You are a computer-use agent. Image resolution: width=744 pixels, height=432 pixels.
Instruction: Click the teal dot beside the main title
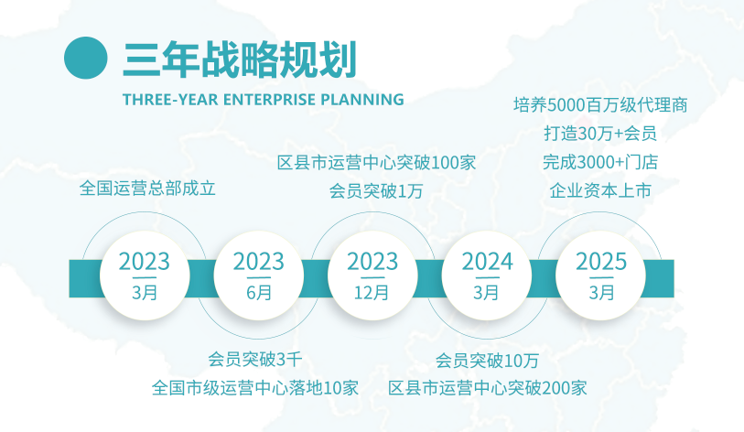[86, 58]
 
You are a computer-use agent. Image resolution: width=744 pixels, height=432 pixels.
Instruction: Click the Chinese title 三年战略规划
[240, 59]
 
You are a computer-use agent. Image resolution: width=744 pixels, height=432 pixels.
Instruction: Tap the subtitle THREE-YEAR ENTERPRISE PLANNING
[264, 100]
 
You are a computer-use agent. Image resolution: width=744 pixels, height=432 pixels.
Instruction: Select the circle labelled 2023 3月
[145, 275]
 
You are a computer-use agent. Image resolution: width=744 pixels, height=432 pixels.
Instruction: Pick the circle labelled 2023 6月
[259, 275]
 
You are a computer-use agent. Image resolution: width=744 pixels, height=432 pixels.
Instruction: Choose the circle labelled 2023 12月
[372, 275]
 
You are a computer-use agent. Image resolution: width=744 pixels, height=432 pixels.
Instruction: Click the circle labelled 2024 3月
[487, 275]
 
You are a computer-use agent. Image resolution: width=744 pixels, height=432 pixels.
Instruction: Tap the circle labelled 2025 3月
[600, 275]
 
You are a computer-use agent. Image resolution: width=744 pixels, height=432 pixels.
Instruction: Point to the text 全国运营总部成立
[147, 189]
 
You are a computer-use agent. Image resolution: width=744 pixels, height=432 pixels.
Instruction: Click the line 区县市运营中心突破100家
[377, 163]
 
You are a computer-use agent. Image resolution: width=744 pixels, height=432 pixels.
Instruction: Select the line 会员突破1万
[376, 191]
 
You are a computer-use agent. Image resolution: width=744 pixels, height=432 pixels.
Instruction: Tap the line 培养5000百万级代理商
[600, 105]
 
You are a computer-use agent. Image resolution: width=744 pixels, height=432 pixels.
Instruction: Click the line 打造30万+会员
[600, 134]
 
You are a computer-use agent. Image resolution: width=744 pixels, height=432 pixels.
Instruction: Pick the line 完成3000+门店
[600, 162]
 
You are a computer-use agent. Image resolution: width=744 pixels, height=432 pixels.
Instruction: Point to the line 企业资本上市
[600, 191]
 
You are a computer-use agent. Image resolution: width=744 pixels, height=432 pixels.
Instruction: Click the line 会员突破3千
[255, 360]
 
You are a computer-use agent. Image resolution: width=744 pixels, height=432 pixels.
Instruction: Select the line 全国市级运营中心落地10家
[255, 388]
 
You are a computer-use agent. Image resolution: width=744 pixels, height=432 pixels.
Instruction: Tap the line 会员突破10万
[487, 361]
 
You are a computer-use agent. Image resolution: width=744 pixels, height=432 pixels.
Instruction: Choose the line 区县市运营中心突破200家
[488, 388]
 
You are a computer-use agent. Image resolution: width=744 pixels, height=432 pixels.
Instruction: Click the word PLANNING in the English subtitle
[362, 100]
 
